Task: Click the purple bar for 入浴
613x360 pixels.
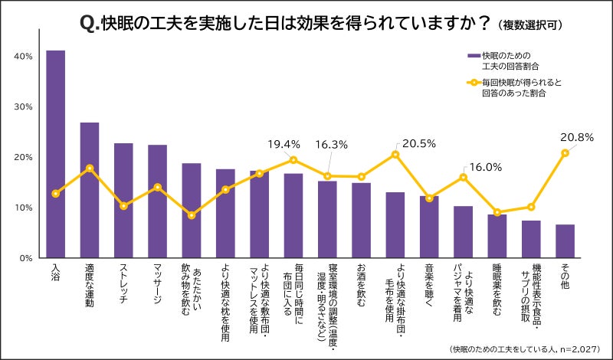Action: [x=55, y=154]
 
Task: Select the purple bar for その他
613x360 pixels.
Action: [x=565, y=241]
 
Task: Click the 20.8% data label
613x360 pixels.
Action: [x=577, y=137]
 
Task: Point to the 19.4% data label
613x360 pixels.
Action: [x=284, y=143]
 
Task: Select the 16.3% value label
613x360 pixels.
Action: [x=332, y=143]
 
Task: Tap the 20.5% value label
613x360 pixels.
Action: [x=418, y=143]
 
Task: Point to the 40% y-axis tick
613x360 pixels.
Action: [x=23, y=57]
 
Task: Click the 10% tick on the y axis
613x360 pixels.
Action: [x=23, y=208]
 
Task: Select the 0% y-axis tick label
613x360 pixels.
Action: [x=26, y=257]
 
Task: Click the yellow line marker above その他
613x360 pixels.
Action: [x=565, y=153]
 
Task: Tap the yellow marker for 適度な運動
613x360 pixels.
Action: [x=90, y=168]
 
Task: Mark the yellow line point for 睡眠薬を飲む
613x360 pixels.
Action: [x=497, y=212]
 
